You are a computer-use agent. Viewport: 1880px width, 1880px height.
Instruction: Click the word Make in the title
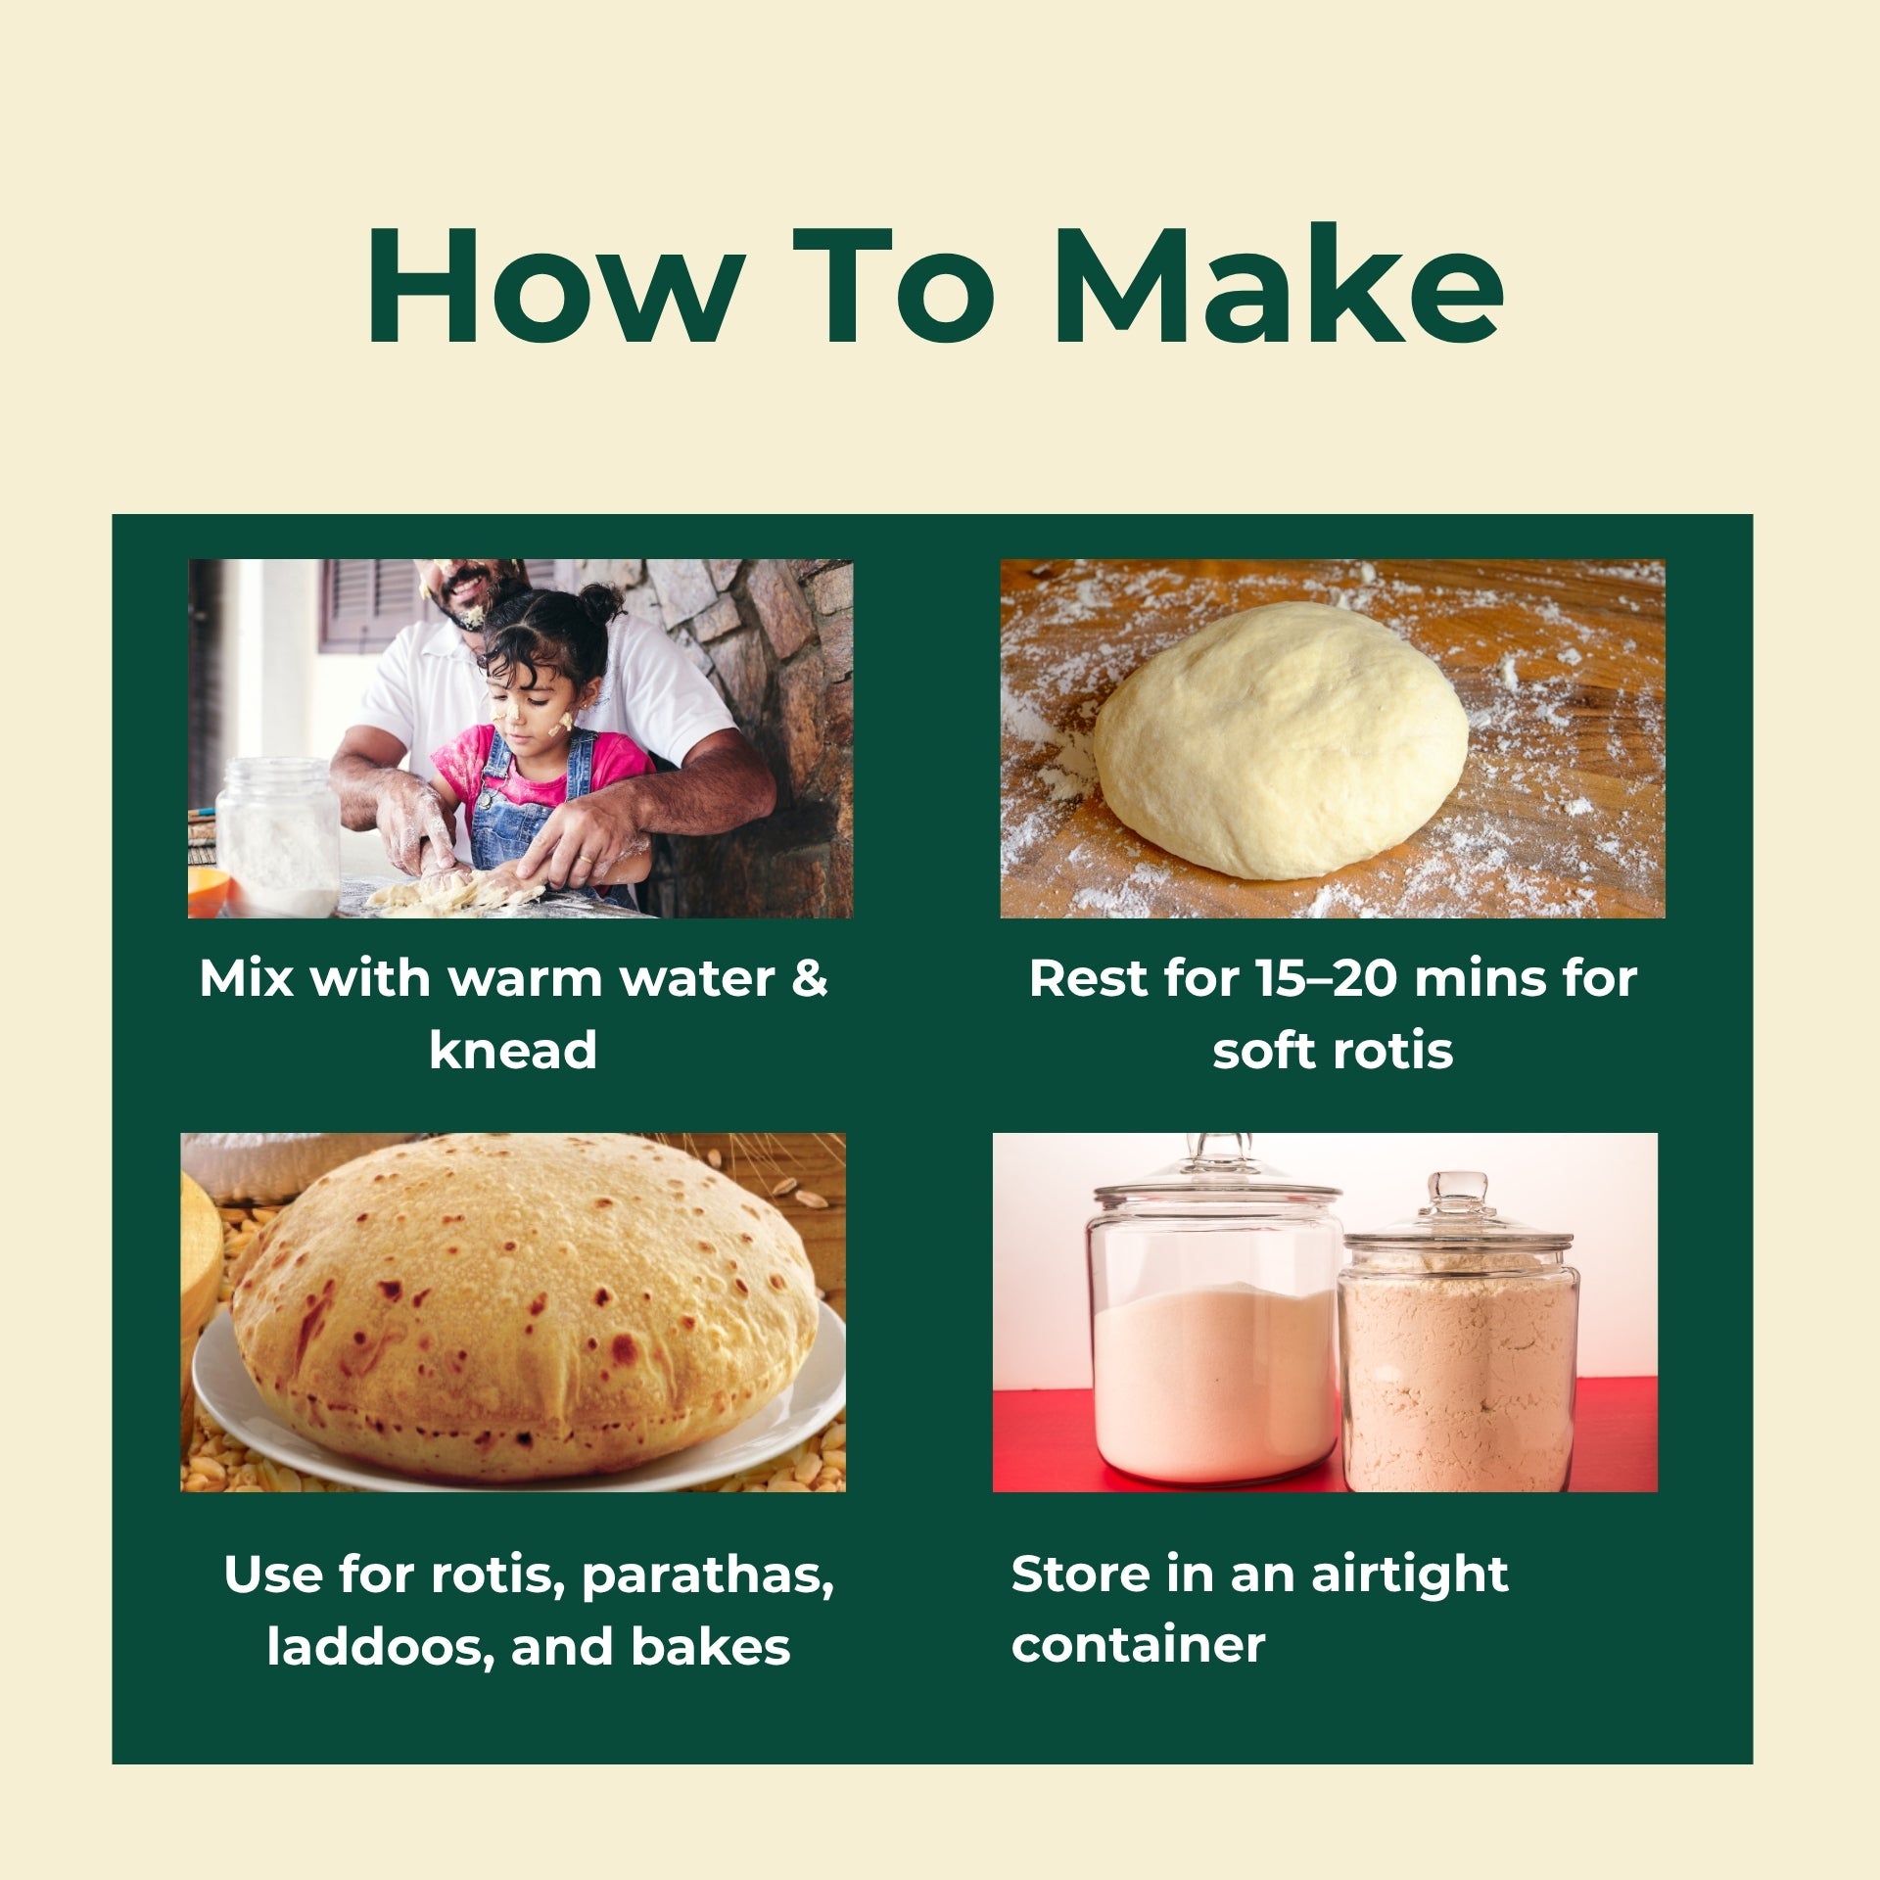pyautogui.click(x=1277, y=285)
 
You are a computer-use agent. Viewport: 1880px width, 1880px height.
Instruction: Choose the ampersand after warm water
pyautogui.click(x=810, y=977)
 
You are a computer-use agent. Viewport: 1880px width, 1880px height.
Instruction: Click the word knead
pyautogui.click(x=513, y=1049)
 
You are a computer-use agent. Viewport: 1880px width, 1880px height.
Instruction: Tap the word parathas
pyautogui.click(x=707, y=1575)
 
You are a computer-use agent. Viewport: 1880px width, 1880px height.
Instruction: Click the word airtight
pyautogui.click(x=1409, y=1575)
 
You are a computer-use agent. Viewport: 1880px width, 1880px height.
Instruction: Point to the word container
pyautogui.click(x=1138, y=1645)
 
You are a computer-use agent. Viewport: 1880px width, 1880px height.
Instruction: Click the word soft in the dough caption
pyautogui.click(x=1265, y=1050)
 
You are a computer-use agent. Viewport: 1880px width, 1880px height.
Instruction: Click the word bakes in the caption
pyautogui.click(x=710, y=1647)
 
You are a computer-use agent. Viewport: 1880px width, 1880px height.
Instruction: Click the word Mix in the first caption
pyautogui.click(x=246, y=977)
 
